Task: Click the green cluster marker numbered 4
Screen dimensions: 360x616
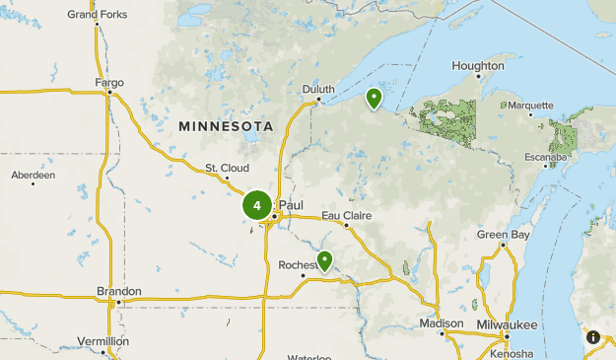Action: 257,206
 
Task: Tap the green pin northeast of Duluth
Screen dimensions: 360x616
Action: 374,99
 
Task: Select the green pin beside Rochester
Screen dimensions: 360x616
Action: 323,260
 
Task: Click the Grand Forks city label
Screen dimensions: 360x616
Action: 97,15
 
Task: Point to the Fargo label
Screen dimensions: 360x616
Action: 109,83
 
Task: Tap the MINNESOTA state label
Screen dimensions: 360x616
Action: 226,126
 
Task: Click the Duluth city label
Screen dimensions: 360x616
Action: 318,89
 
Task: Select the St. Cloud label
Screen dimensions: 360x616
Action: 227,168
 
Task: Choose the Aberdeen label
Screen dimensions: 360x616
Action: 34,176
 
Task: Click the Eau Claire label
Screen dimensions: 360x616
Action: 344,215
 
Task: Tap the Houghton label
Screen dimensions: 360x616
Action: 478,66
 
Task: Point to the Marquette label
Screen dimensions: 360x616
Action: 530,105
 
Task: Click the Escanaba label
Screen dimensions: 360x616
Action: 545,157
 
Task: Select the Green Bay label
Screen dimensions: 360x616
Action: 503,234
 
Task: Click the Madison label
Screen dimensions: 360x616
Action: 441,324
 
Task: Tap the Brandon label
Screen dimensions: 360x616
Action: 118,292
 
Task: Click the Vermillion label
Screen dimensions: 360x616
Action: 103,341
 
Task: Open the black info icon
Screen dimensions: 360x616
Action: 593,337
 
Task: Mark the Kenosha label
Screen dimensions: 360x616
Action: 511,352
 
